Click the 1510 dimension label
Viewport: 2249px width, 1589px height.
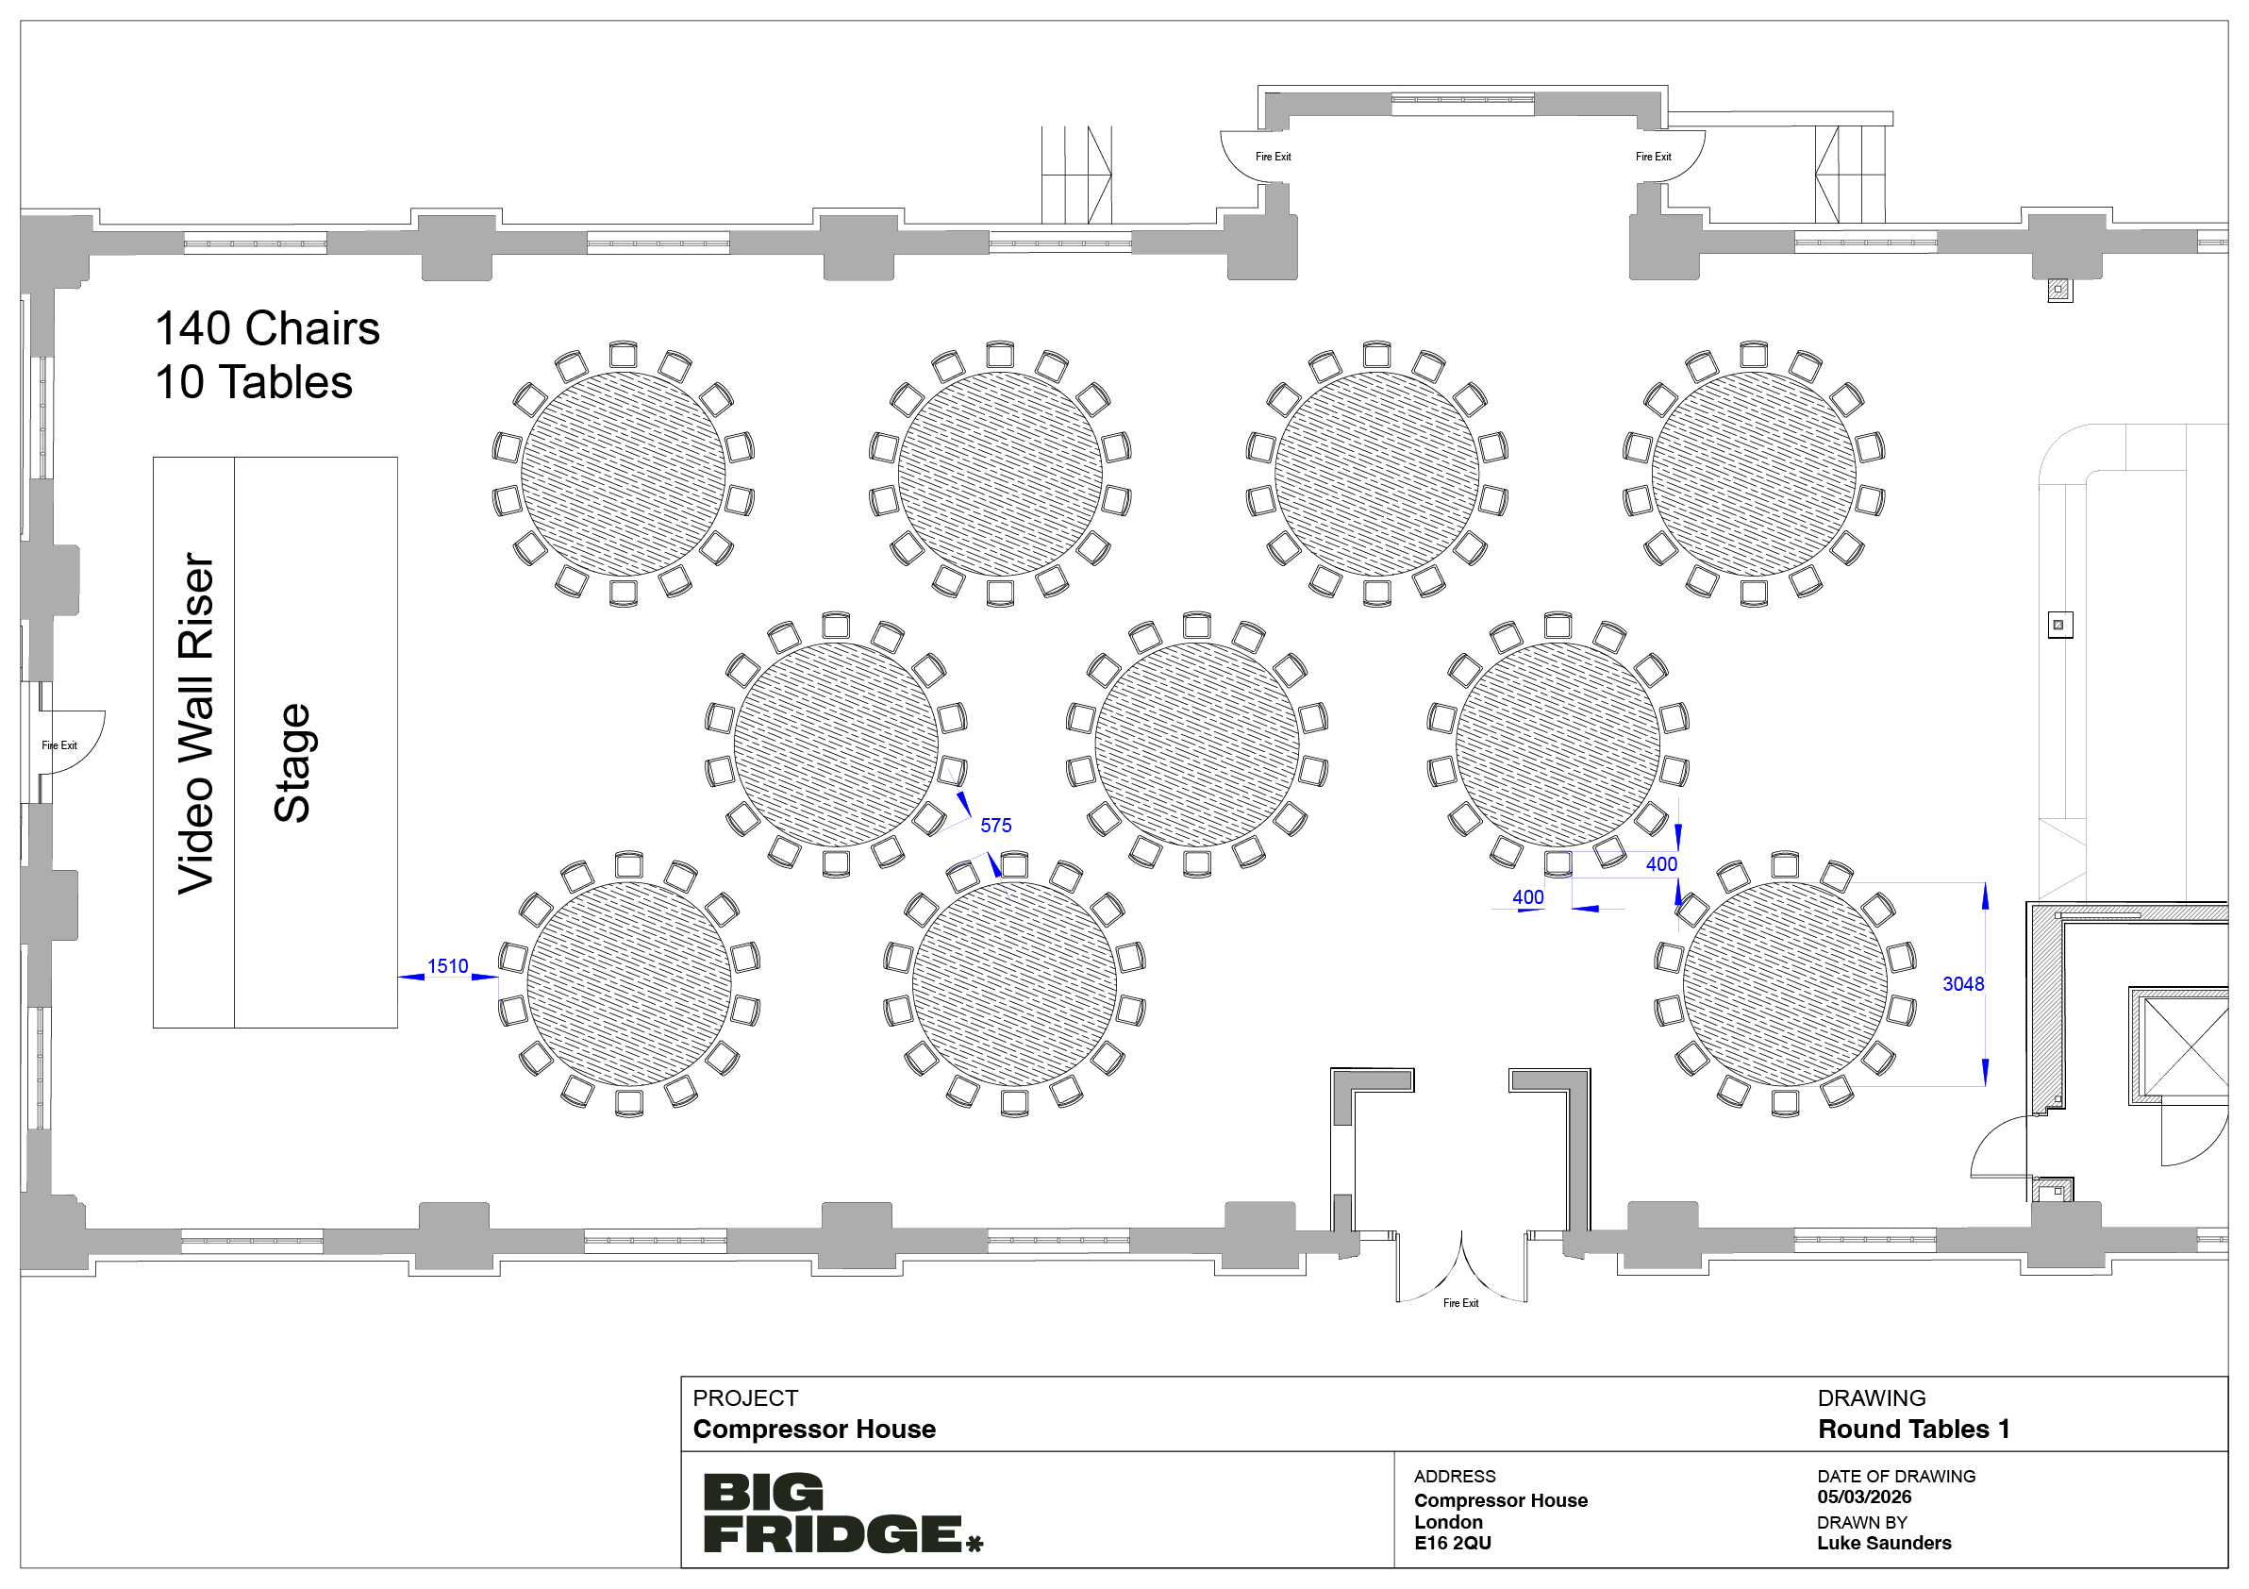[x=448, y=966]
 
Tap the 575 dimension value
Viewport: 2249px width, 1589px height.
[x=996, y=826]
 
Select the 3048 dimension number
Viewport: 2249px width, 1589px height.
[x=1963, y=984]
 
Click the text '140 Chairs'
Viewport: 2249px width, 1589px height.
[x=267, y=328]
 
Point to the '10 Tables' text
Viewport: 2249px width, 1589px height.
[x=254, y=382]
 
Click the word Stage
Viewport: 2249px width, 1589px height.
[x=292, y=762]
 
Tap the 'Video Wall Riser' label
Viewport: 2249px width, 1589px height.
[x=196, y=724]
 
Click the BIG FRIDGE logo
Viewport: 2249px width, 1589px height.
[x=842, y=1513]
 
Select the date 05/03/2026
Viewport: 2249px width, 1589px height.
[x=1864, y=1497]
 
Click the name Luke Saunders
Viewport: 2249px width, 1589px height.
[x=1884, y=1543]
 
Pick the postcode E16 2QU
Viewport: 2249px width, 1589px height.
[x=1453, y=1543]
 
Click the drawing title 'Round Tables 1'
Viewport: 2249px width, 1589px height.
[x=1914, y=1430]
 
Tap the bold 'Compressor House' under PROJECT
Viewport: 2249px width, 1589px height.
[x=814, y=1430]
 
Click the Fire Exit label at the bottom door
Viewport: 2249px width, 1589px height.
[x=1460, y=1303]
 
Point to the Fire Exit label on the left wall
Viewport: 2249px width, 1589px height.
[x=58, y=745]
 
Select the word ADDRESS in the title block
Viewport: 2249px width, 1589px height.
[x=1455, y=1477]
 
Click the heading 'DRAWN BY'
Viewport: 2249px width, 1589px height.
[x=1862, y=1522]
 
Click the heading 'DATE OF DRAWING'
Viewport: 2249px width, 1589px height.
[x=1896, y=1477]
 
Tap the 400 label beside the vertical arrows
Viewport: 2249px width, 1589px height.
[x=1661, y=864]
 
